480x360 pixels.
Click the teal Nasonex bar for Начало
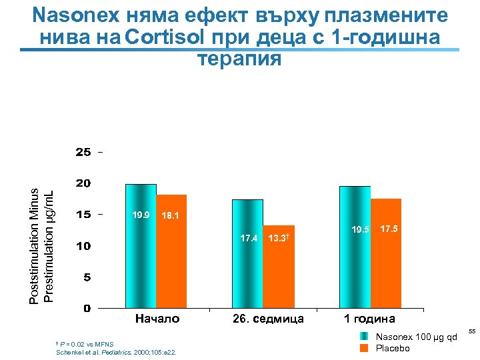click(x=141, y=246)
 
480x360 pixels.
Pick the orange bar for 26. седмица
click(x=279, y=267)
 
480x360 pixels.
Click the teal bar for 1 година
click(x=355, y=247)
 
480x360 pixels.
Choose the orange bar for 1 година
click(x=386, y=253)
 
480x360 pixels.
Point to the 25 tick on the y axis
click(x=83, y=152)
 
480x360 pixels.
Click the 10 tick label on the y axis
click(x=83, y=246)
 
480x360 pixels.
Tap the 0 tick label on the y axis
click(x=87, y=309)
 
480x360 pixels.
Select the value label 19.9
click(x=141, y=215)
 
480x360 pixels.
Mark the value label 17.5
click(x=389, y=229)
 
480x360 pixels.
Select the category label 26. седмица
click(x=268, y=319)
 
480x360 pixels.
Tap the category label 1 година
click(x=369, y=319)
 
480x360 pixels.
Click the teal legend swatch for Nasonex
click(x=363, y=337)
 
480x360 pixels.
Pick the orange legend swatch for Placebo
click(x=363, y=348)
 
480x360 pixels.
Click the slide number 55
click(x=471, y=331)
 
